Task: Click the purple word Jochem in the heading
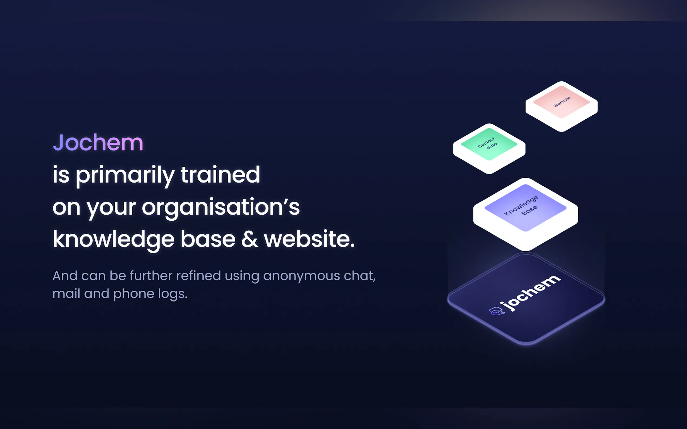[98, 142]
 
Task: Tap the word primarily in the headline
[125, 176]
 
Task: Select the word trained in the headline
[220, 174]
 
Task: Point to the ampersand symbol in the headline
[250, 239]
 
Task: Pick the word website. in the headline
[309, 239]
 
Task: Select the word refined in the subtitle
[199, 276]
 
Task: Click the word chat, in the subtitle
[360, 276]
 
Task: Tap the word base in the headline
[208, 239]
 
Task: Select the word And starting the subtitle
[65, 276]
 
